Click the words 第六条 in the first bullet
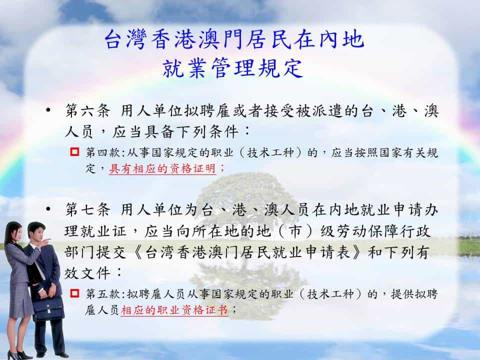click(87, 110)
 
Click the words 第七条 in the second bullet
click(87, 209)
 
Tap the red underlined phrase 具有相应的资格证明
click(162, 168)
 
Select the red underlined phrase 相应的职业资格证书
click(174, 310)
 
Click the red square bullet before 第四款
click(74, 152)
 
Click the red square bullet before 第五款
click(74, 293)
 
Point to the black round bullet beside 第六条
click(48, 109)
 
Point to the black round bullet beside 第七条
click(48, 209)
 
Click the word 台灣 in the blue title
click(125, 40)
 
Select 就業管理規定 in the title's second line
click(232, 68)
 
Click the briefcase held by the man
click(48, 308)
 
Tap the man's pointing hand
click(46, 242)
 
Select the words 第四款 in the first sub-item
click(103, 152)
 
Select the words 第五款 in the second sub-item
click(103, 294)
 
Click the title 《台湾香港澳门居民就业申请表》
click(247, 252)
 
